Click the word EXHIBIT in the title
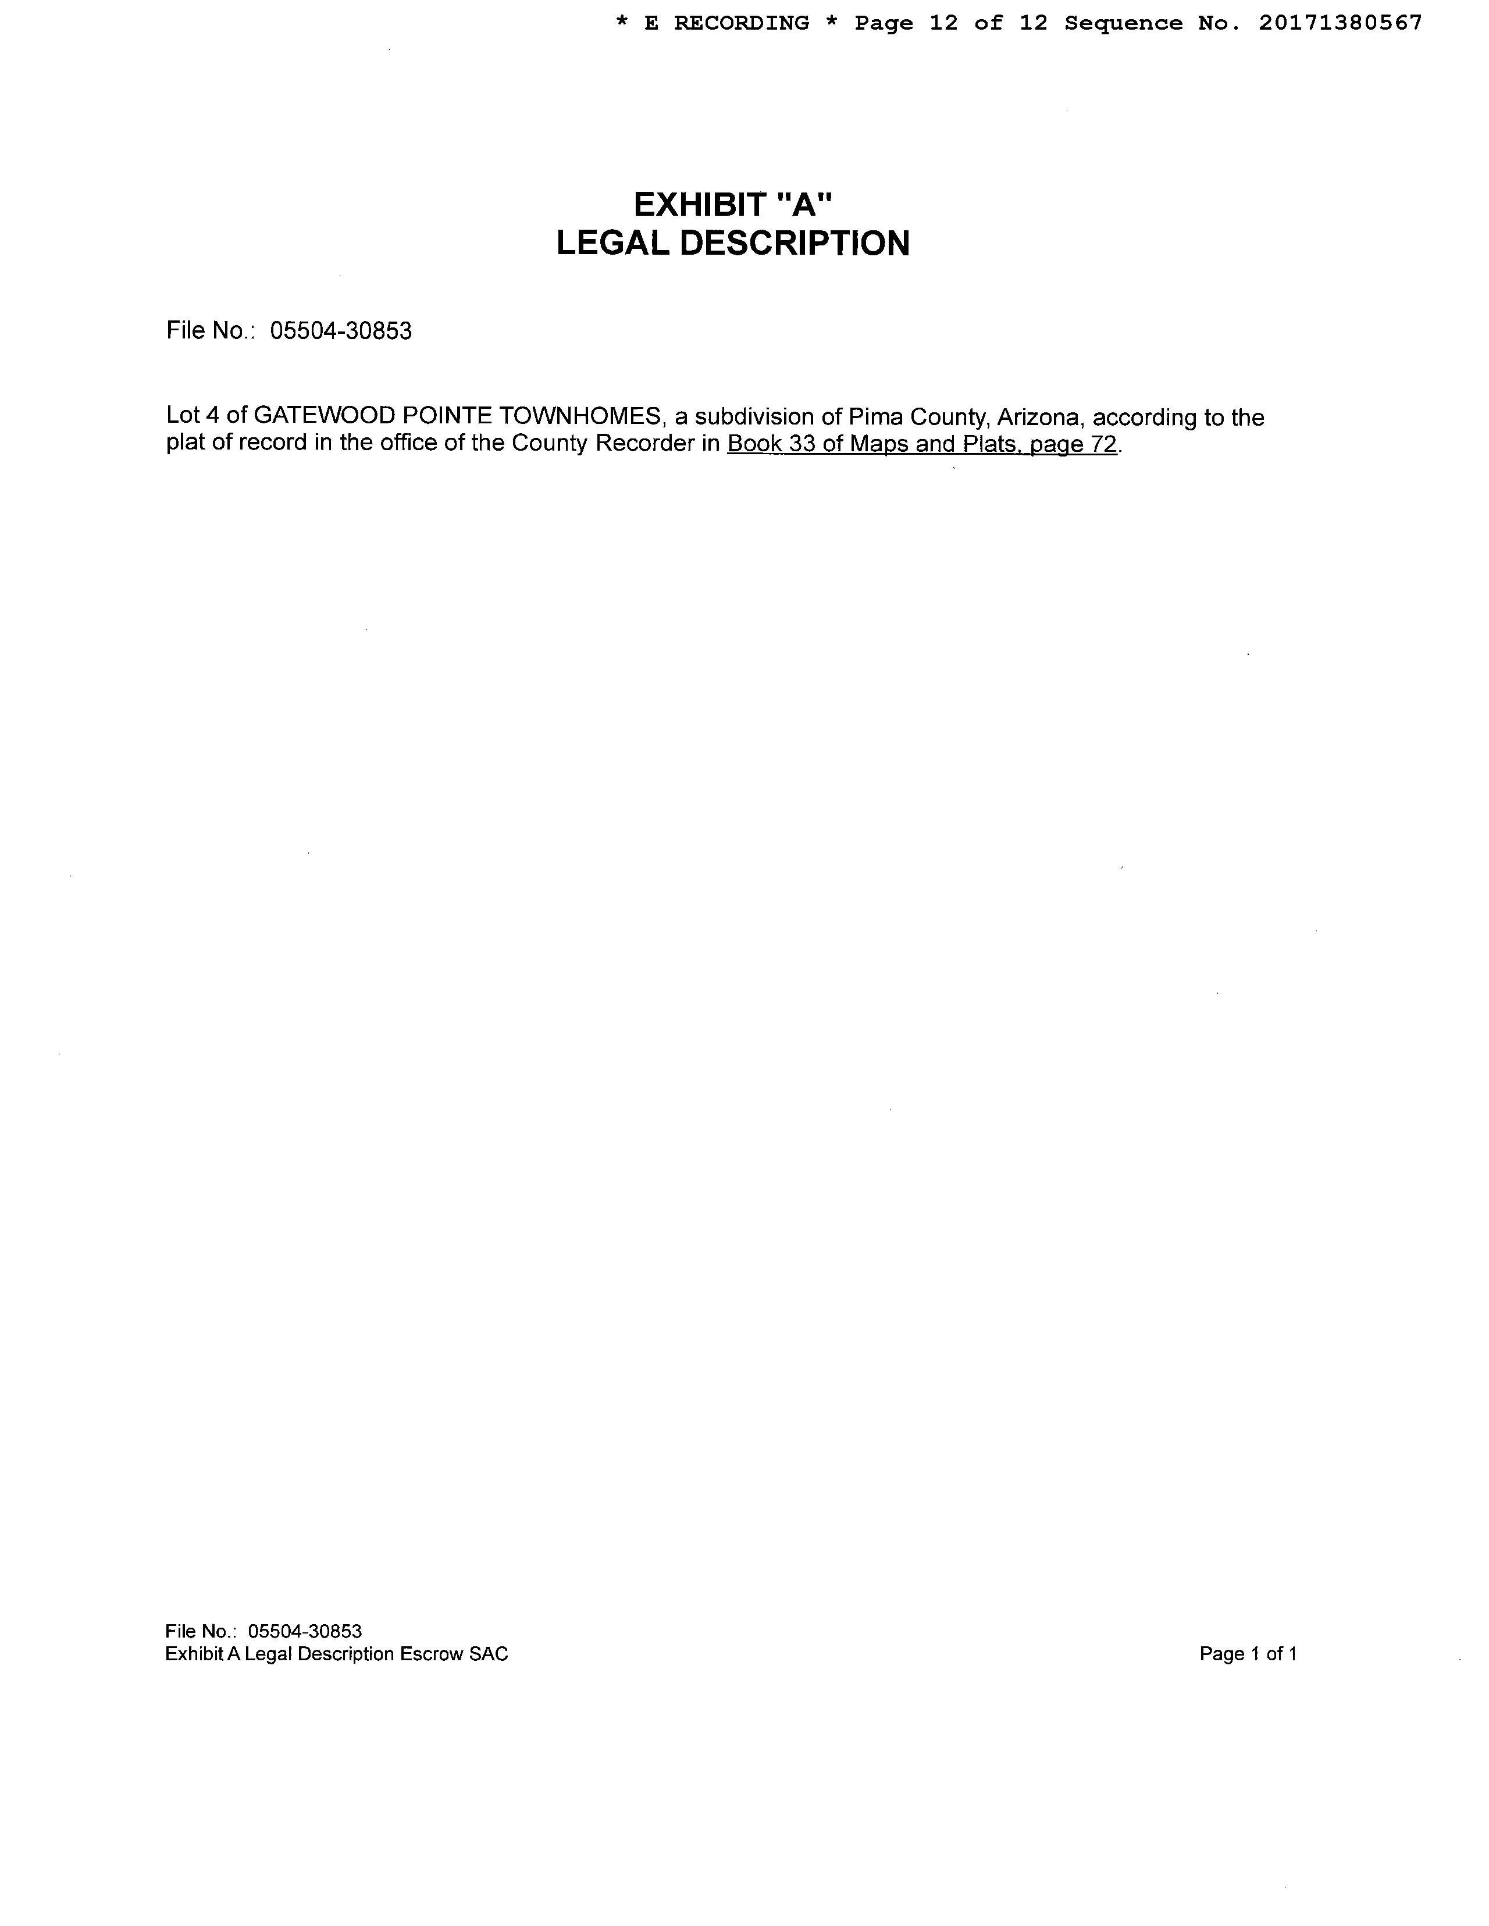[x=700, y=205]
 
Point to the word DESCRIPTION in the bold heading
[x=794, y=244]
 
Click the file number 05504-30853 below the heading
[x=340, y=331]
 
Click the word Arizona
[x=1038, y=416]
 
